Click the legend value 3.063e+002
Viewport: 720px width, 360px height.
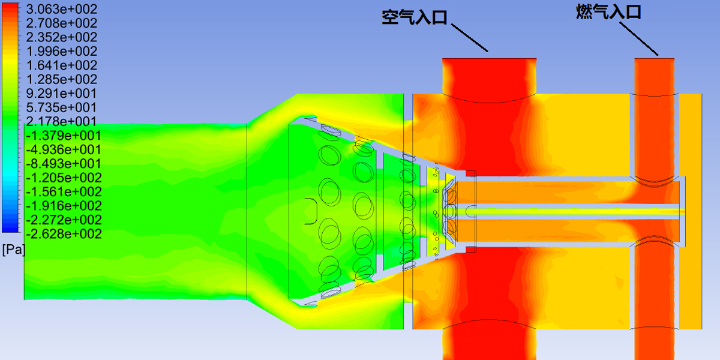[x=61, y=9]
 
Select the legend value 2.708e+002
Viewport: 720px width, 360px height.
[x=61, y=23]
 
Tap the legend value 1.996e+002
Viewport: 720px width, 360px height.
[x=61, y=51]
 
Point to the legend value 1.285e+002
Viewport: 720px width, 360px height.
[x=61, y=79]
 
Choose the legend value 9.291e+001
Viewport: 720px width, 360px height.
[x=61, y=93]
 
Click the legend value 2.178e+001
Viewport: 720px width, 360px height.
[x=61, y=121]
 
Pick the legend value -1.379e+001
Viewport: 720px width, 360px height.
[x=64, y=136]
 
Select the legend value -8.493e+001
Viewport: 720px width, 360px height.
[x=64, y=164]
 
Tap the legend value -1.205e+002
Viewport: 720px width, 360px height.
[x=64, y=178]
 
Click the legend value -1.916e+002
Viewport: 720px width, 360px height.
[x=64, y=206]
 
